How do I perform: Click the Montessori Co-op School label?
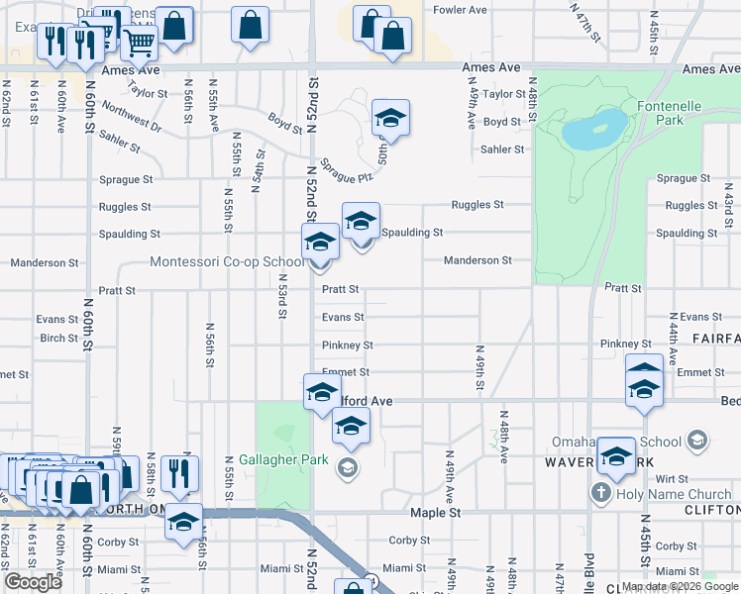pos(227,262)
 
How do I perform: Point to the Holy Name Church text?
pos(673,493)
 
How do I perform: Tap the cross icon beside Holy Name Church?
pos(600,493)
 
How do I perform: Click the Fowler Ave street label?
pos(461,10)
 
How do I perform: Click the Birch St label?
pos(58,338)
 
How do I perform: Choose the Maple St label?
pos(436,513)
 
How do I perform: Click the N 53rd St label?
pos(281,297)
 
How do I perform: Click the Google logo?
pos(34,582)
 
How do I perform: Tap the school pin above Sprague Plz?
pos(390,118)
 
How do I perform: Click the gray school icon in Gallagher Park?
pos(346,467)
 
